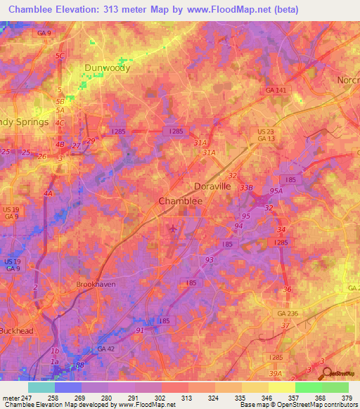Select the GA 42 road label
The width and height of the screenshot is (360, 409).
106,348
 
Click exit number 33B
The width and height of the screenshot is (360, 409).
246,188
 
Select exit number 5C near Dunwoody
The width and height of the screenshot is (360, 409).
60,56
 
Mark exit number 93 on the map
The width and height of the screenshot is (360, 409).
210,259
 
